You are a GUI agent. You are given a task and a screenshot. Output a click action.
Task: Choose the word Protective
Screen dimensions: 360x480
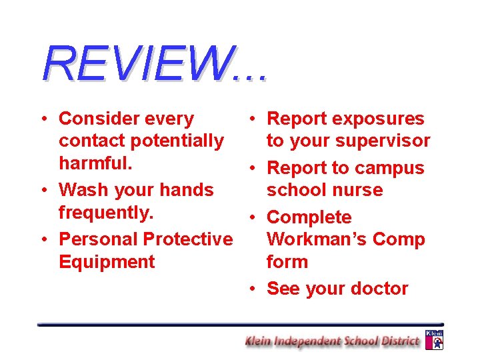pos(188,239)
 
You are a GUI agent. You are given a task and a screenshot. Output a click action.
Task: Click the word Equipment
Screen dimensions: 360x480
pos(107,261)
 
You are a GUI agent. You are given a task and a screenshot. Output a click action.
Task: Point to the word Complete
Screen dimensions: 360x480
pos(309,217)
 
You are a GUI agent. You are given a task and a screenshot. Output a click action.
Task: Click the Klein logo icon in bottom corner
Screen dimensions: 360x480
pos(434,339)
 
